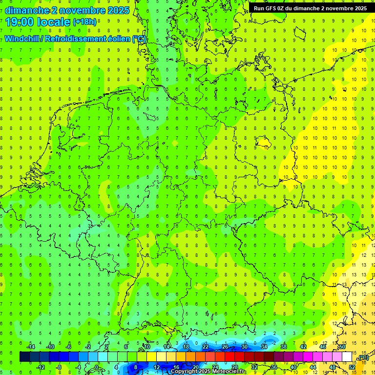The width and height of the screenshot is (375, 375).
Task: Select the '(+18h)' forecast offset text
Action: pyautogui.click(x=84, y=22)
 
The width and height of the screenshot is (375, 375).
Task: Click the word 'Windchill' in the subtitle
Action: pyautogui.click(x=22, y=39)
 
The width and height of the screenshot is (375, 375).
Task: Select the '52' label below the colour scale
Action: pyautogui.click(x=352, y=367)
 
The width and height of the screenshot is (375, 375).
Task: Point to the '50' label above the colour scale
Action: pyautogui.click(x=342, y=347)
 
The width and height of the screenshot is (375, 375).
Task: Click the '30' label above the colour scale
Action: pyautogui.click(x=245, y=347)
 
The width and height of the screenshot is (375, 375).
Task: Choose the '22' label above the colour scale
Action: pyautogui.click(x=206, y=347)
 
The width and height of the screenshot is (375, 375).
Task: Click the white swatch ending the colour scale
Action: pyautogui.click(x=347, y=357)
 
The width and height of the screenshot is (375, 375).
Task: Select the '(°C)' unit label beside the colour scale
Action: pyautogui.click(x=362, y=358)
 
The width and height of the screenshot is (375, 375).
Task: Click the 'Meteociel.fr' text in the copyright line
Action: pyautogui.click(x=229, y=372)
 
